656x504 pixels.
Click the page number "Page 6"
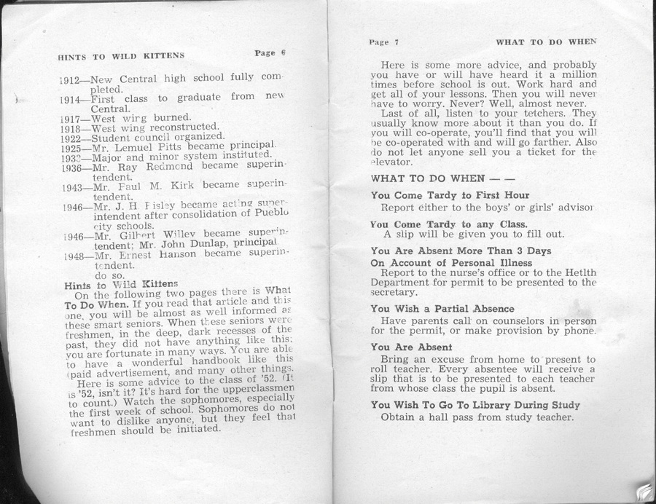(270, 52)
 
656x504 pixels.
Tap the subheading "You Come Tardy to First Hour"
(450, 195)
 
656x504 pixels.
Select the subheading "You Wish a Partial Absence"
(442, 309)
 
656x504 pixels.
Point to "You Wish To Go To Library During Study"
(475, 405)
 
